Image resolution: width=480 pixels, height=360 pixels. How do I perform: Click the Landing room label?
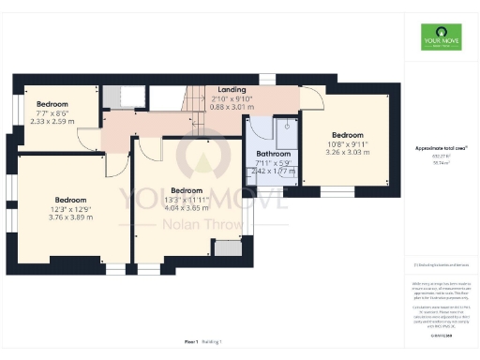[x=231, y=90]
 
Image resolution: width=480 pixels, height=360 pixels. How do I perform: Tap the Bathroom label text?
[x=274, y=154]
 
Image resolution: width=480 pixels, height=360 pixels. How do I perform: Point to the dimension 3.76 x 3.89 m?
[x=71, y=217]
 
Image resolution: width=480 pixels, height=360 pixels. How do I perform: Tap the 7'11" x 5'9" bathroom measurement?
[x=274, y=164]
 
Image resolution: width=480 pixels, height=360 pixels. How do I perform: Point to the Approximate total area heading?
[x=442, y=148]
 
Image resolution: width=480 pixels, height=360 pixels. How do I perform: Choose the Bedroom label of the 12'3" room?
[x=71, y=200]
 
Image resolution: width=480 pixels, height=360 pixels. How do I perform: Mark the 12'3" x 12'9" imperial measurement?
[x=71, y=208]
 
